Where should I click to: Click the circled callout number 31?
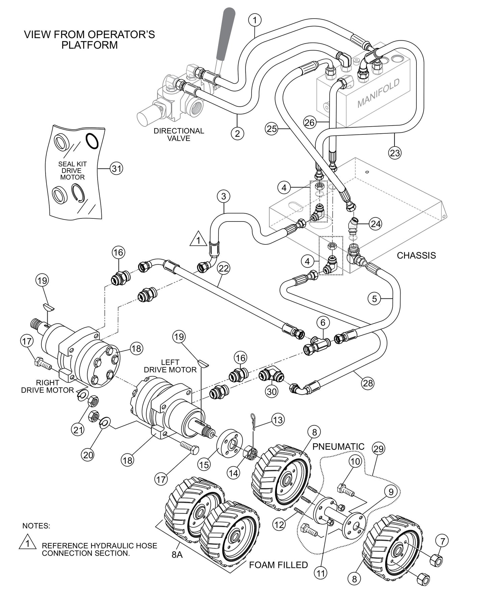tap(117, 168)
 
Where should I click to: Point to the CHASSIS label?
tap(416, 255)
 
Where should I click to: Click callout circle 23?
tap(394, 153)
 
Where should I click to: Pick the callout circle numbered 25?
tap(272, 129)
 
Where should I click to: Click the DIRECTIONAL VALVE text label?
tap(179, 134)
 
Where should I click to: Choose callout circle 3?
tap(224, 196)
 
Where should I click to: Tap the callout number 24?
tap(376, 224)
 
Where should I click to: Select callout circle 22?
tap(224, 268)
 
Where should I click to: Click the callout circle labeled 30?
tap(272, 391)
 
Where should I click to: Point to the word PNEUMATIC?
tap(338, 446)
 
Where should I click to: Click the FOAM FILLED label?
tap(278, 565)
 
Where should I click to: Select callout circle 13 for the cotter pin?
tap(278, 420)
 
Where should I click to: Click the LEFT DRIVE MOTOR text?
tap(170, 366)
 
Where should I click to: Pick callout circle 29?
tap(379, 449)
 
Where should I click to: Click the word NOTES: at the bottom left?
tap(36, 526)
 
